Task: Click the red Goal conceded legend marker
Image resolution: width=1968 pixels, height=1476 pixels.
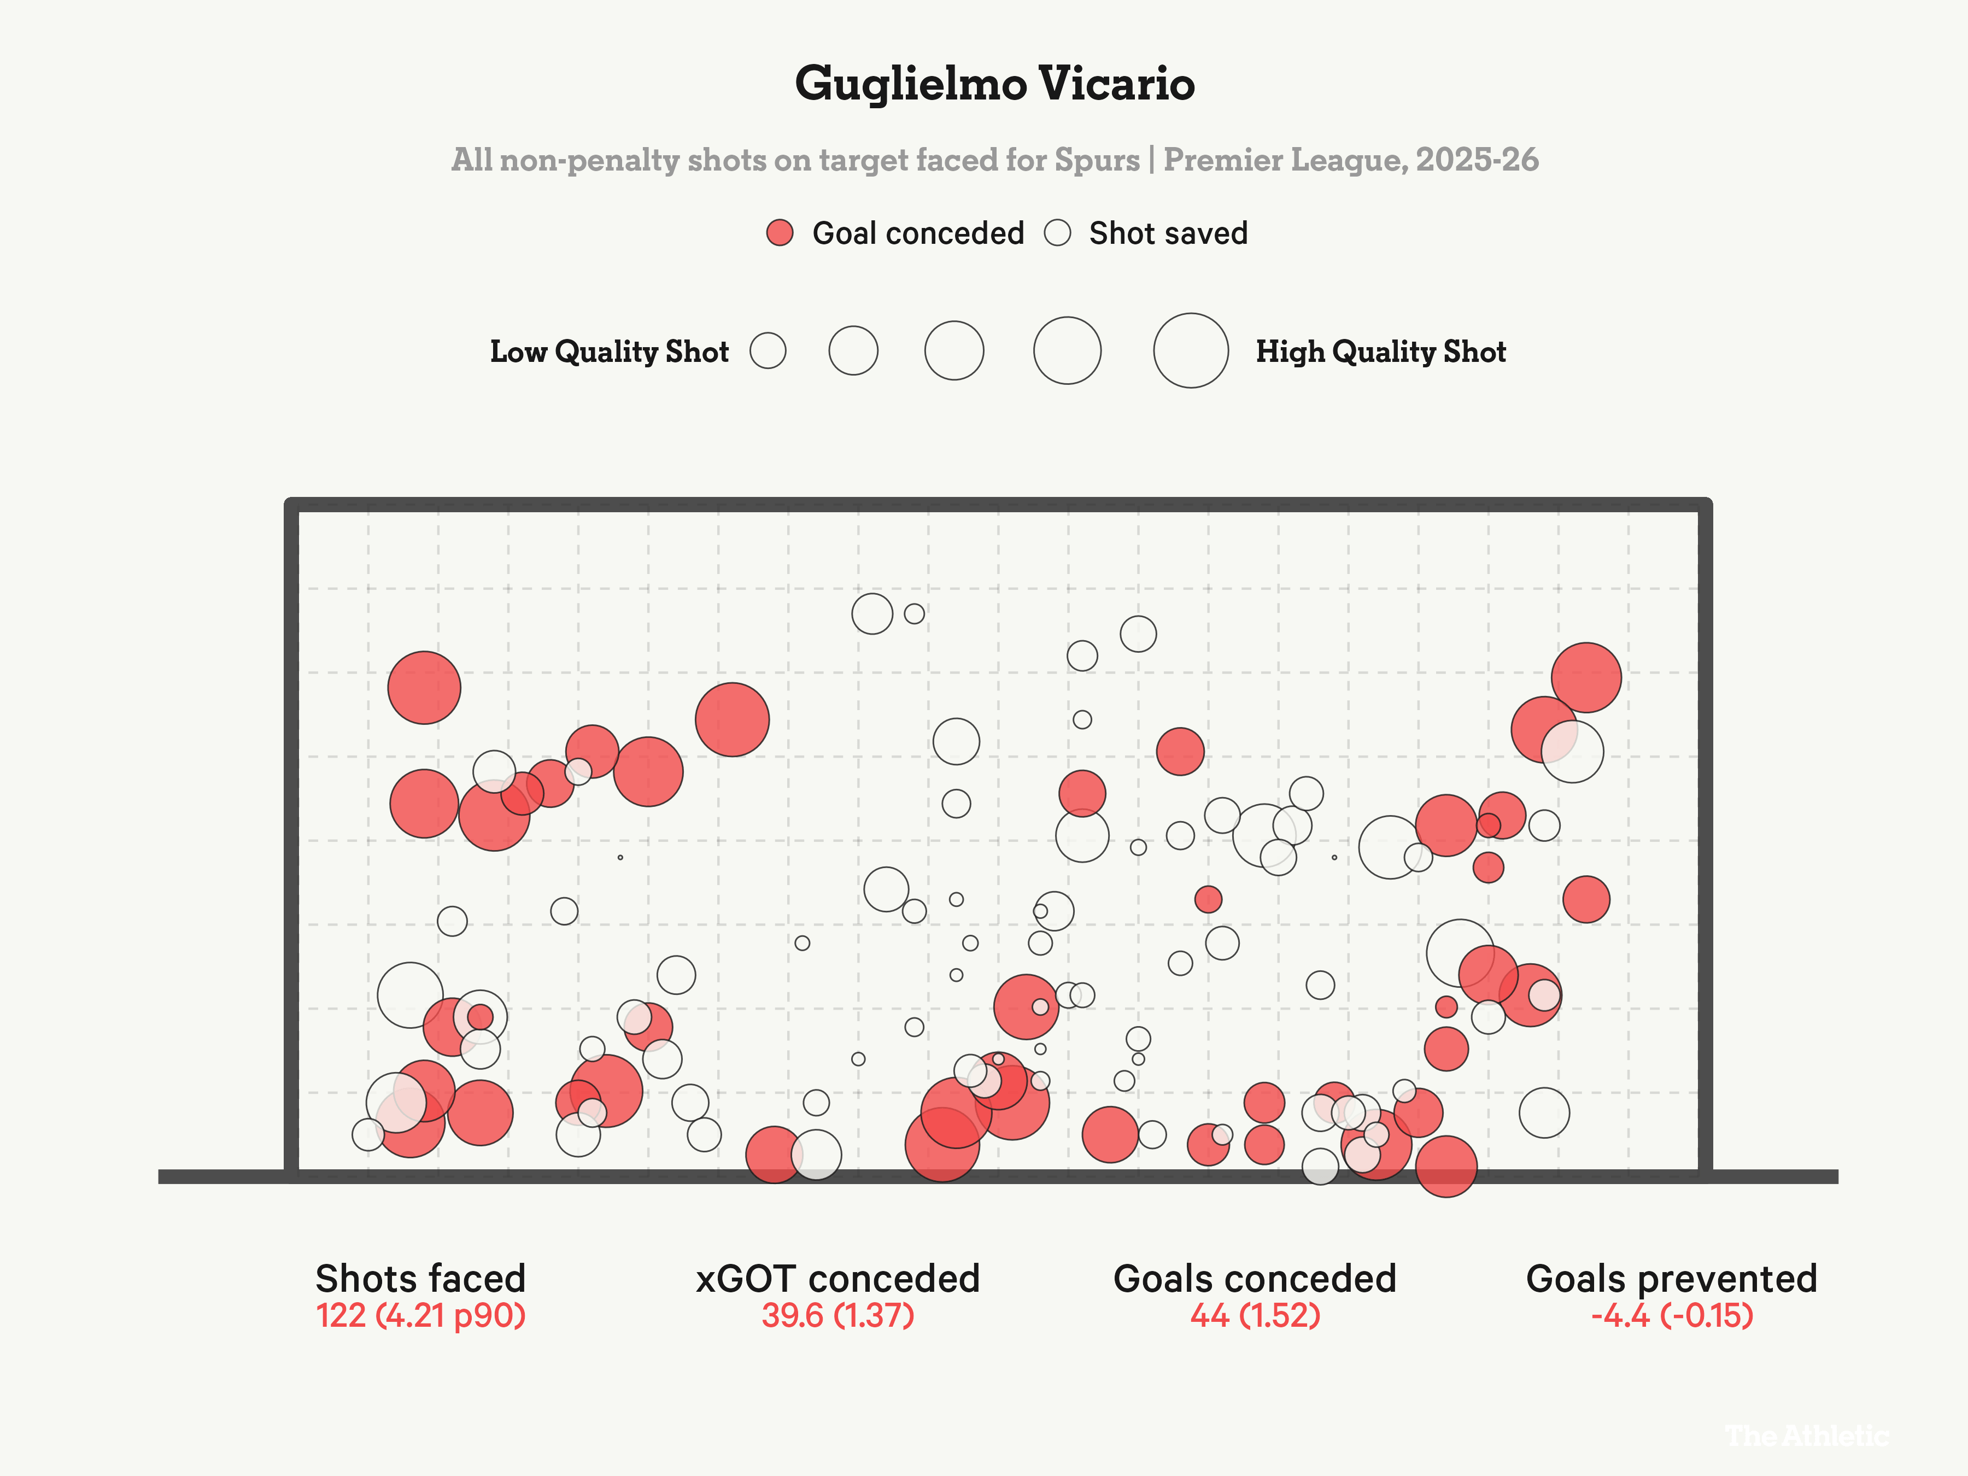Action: click(780, 233)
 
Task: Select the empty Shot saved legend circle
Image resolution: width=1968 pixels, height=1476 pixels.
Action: click(1057, 233)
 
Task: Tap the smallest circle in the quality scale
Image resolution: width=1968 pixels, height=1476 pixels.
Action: click(767, 350)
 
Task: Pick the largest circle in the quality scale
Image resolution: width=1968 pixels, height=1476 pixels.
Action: click(1191, 350)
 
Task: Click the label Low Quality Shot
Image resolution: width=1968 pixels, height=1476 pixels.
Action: click(610, 352)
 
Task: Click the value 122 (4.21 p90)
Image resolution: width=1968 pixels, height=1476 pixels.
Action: click(421, 1315)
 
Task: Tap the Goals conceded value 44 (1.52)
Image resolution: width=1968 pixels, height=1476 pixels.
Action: click(1255, 1315)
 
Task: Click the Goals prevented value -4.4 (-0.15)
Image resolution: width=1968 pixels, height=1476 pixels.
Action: click(1672, 1315)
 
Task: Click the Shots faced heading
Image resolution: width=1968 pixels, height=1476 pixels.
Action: click(421, 1279)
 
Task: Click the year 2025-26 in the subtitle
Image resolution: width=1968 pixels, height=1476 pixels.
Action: click(1477, 160)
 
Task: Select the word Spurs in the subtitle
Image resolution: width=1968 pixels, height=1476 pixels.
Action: click(1096, 160)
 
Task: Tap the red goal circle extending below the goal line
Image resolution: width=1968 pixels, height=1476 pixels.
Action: click(1446, 1167)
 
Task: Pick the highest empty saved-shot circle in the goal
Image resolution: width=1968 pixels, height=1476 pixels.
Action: click(872, 613)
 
